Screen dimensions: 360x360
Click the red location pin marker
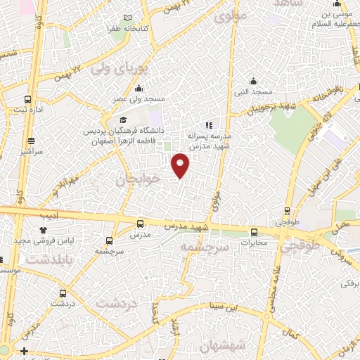[x=181, y=165]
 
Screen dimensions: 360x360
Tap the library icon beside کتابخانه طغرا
[x=127, y=18]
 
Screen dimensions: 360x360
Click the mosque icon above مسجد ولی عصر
[x=139, y=89]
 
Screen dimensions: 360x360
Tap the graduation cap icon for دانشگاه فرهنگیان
[x=123, y=120]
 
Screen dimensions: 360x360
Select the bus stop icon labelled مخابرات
[x=254, y=232]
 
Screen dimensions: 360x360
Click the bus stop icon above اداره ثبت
[x=27, y=99]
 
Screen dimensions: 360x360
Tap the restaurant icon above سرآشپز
[x=30, y=140]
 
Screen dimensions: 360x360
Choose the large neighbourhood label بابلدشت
[x=49, y=260]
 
